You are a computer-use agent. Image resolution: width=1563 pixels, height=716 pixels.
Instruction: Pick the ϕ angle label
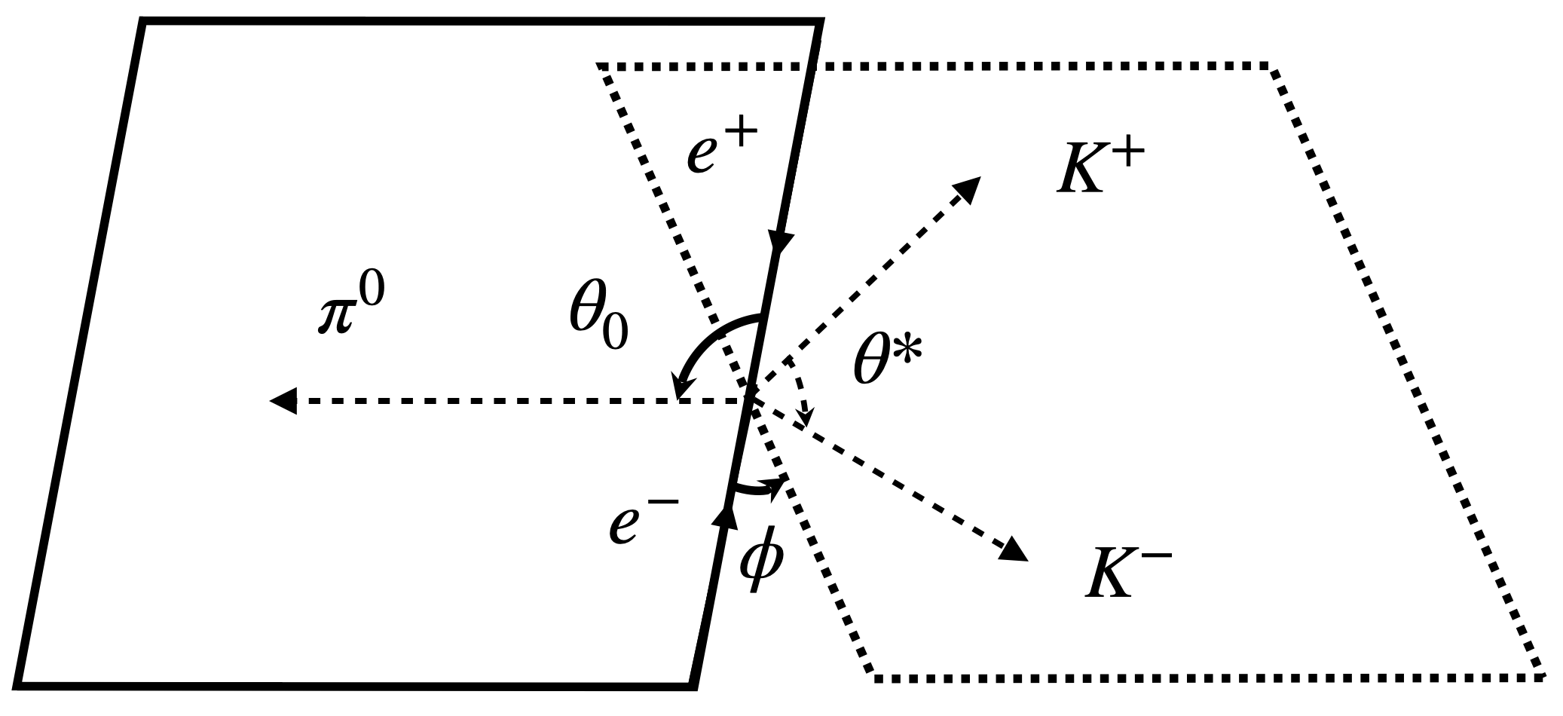761,565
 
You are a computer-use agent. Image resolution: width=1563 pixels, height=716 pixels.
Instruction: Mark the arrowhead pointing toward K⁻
1014,549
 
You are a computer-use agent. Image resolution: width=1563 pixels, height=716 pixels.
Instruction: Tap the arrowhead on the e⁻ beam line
725,518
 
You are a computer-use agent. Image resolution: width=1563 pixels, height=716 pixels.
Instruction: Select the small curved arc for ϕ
757,490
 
